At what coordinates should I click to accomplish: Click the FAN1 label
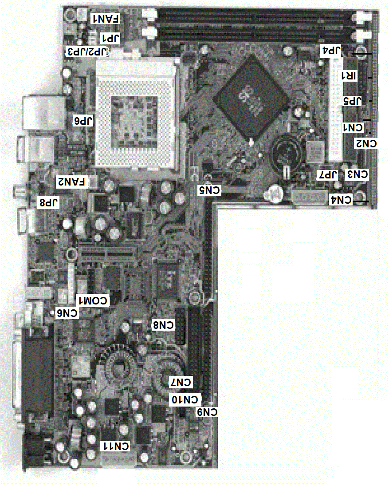point(105,19)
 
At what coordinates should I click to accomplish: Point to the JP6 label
point(84,120)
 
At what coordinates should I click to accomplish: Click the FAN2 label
point(72,182)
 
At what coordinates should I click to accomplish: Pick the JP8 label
point(49,203)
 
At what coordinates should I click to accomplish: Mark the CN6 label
point(67,313)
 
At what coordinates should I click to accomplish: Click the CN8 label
point(163,325)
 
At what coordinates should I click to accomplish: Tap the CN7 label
point(181,382)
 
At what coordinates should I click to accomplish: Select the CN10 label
point(185,400)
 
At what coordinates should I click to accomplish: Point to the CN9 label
point(208,413)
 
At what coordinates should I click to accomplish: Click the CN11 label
point(116,446)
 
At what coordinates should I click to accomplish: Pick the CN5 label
point(209,190)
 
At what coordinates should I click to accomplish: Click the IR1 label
point(348,76)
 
